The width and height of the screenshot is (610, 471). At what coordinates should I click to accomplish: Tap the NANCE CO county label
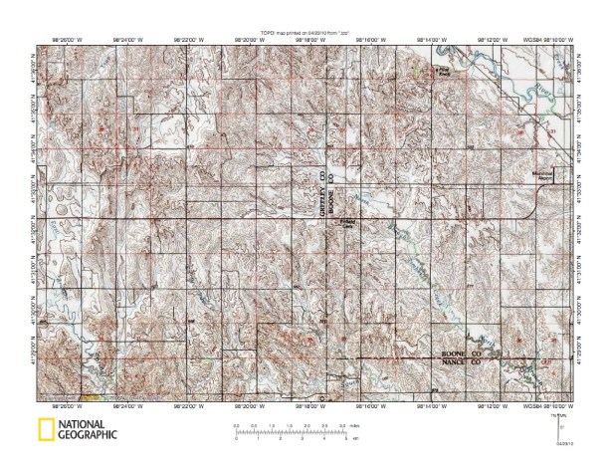pyautogui.click(x=463, y=363)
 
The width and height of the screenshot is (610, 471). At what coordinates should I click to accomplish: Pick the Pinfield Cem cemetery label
pyautogui.click(x=347, y=223)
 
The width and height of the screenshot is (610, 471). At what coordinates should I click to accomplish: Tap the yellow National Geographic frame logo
pyautogui.click(x=44, y=431)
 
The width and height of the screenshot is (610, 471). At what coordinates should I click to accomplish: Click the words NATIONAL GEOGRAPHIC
pyautogui.click(x=87, y=431)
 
